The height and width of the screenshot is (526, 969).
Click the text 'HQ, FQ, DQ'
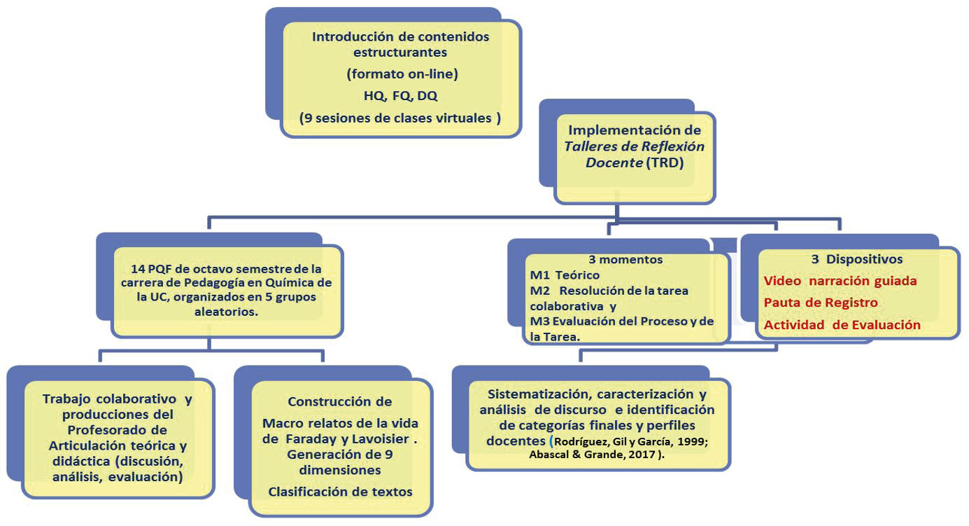click(x=400, y=97)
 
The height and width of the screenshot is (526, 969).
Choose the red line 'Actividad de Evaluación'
click(x=842, y=325)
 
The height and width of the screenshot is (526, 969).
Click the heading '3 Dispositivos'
click(x=857, y=259)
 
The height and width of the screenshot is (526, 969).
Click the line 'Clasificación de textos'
click(x=340, y=492)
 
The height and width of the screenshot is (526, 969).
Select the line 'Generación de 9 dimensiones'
click(x=340, y=462)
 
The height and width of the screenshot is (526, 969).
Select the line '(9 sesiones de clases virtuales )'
click(x=400, y=118)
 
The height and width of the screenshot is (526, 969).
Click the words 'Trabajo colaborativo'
click(x=107, y=399)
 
